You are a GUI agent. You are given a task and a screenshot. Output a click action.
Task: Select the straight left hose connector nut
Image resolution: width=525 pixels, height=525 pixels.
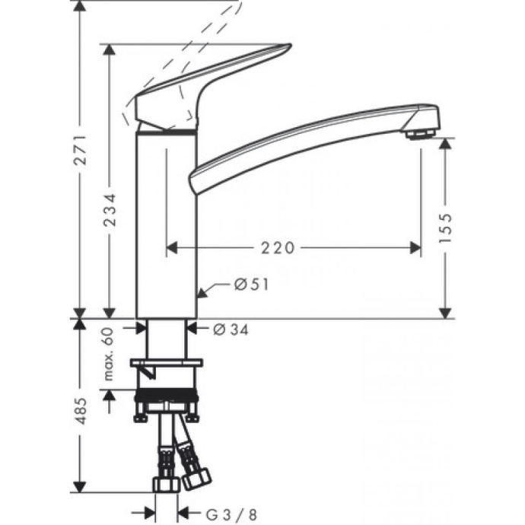[164, 484]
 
